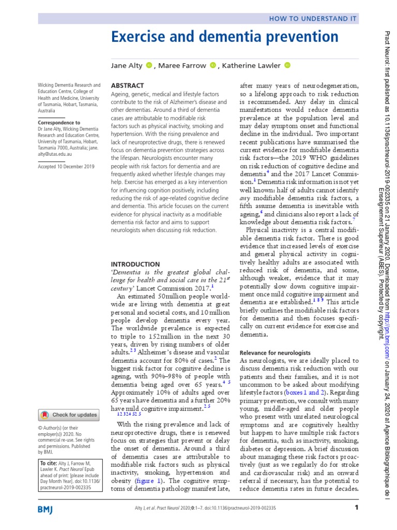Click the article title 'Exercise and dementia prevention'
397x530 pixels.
tap(225, 37)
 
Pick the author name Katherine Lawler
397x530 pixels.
tap(252, 65)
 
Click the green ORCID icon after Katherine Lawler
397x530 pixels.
tap(288, 65)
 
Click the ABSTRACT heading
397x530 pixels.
tap(128, 85)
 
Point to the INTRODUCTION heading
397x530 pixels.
tap(135, 264)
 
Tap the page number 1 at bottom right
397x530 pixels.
tap(356, 508)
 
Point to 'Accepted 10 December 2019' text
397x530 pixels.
tap(67, 167)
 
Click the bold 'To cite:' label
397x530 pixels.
tap(49, 462)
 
